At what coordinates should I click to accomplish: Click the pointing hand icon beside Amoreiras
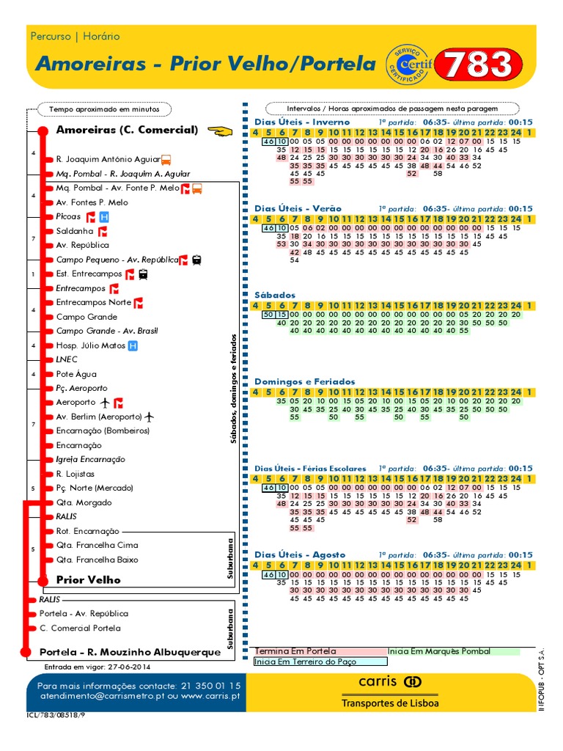[219, 131]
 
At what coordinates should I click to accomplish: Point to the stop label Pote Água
[77, 374]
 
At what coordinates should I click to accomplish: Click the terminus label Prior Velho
[88, 579]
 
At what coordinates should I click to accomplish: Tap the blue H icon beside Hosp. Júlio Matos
[133, 345]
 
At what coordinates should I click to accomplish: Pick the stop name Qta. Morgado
[84, 502]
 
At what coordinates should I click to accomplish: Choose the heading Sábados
[275, 295]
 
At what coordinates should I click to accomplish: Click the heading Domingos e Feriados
[304, 381]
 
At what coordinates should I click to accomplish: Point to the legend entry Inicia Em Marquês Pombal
[438, 651]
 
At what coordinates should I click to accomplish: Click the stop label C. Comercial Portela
[80, 628]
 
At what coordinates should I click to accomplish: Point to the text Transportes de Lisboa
[390, 703]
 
